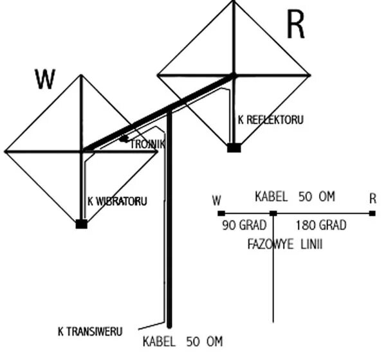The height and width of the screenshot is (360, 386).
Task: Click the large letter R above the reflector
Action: click(295, 26)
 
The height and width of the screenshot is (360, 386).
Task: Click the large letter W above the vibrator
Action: click(45, 79)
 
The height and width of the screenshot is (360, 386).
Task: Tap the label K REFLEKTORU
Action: click(270, 120)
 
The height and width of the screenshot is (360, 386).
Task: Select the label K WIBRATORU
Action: click(117, 201)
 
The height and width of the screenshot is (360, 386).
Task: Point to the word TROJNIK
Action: click(147, 145)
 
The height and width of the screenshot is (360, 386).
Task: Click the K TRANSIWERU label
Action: click(90, 332)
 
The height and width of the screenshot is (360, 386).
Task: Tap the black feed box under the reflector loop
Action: click(234, 148)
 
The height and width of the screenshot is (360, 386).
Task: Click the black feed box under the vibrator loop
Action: click(81, 224)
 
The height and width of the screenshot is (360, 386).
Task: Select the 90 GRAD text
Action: click(240, 226)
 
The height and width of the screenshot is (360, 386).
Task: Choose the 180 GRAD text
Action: click(321, 226)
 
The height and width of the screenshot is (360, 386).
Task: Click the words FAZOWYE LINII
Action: click(285, 244)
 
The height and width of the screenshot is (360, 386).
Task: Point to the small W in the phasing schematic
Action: click(217, 201)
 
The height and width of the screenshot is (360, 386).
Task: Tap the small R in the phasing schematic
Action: click(372, 199)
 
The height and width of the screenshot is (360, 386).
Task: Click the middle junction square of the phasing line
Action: click(273, 213)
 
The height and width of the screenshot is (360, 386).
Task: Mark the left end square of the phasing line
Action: click(221, 213)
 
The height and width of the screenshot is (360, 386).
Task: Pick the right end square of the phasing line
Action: click(372, 213)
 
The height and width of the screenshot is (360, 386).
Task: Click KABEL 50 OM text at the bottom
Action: click(183, 341)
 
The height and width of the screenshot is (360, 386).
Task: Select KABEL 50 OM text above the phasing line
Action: click(295, 197)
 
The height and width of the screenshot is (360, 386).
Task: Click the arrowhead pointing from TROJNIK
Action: click(123, 139)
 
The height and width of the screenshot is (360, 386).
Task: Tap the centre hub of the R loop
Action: click(234, 75)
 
